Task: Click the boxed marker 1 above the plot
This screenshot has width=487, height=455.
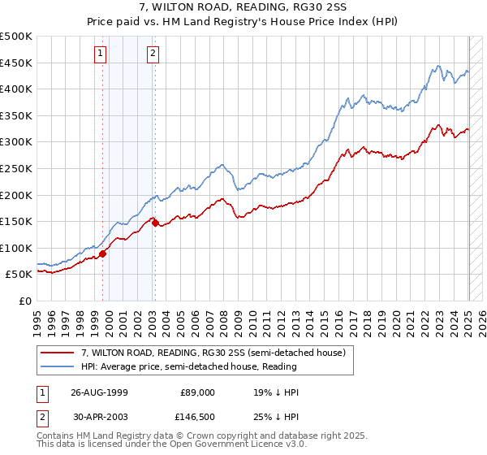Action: pos(100,54)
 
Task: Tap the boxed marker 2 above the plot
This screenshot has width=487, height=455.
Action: pos(153,54)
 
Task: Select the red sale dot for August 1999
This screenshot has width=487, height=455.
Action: pos(103,253)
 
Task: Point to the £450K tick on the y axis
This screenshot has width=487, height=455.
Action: pos(16,63)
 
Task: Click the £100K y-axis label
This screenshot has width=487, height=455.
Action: pos(16,248)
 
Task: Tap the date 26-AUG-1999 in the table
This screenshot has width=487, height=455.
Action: pos(100,392)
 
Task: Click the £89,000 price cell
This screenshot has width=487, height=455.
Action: pos(196,392)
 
